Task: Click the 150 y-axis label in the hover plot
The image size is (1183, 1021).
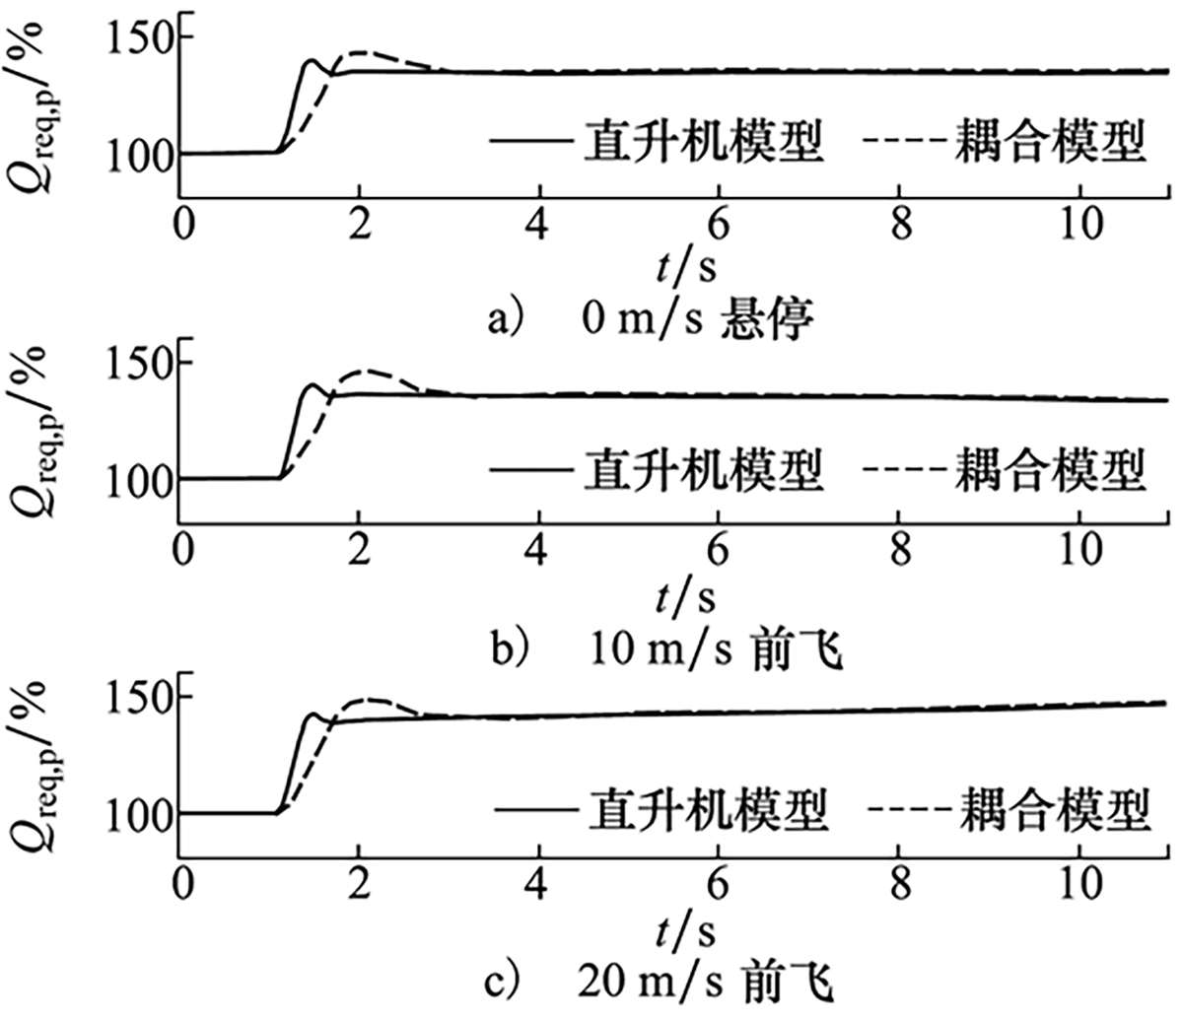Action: pyautogui.click(x=138, y=37)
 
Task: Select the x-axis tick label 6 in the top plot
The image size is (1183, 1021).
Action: pyautogui.click(x=719, y=225)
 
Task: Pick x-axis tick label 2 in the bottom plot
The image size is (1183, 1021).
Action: pyautogui.click(x=360, y=883)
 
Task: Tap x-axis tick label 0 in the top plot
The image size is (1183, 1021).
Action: pyautogui.click(x=183, y=225)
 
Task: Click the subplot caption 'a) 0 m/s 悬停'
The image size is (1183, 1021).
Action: pyautogui.click(x=650, y=319)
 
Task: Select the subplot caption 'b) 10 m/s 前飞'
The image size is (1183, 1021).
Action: pyautogui.click(x=666, y=651)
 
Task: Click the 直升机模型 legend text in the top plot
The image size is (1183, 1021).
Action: pyautogui.click(x=703, y=141)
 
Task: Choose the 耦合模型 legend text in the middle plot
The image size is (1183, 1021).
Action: pyautogui.click(x=1050, y=469)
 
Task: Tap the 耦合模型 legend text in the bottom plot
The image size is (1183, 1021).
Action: pyautogui.click(x=1054, y=810)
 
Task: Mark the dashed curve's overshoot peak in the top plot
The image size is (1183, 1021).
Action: pyautogui.click(x=362, y=52)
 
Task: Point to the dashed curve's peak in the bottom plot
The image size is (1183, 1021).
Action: pyautogui.click(x=367, y=700)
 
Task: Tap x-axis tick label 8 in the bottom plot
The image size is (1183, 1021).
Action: pyautogui.click(x=899, y=883)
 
